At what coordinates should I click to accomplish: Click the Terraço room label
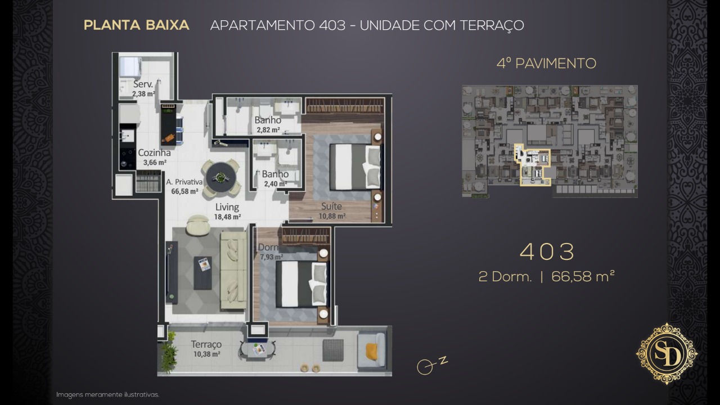point(206,344)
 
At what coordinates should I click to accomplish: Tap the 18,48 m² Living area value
point(228,217)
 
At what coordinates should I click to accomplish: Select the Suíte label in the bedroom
point(331,206)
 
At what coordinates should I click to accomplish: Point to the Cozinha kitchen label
point(154,152)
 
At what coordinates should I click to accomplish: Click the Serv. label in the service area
point(143,84)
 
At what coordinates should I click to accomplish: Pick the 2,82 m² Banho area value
point(268,130)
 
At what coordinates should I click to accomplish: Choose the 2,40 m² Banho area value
point(276,184)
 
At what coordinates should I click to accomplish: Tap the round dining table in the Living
point(221,177)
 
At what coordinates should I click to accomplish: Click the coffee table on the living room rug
point(202,273)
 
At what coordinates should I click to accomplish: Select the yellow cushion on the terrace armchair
point(371,352)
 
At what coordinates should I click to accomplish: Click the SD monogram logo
point(667,354)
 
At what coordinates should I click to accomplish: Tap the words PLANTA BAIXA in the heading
point(136,25)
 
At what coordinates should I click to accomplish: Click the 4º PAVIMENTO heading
point(546,64)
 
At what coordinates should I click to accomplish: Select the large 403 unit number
point(547,251)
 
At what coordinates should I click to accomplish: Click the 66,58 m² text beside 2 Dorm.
point(583,276)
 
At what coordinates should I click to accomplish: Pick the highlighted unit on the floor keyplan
point(532,165)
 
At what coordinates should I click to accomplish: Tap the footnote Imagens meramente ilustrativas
point(107,394)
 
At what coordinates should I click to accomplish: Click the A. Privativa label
point(184,182)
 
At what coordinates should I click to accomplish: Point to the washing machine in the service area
point(131,67)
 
